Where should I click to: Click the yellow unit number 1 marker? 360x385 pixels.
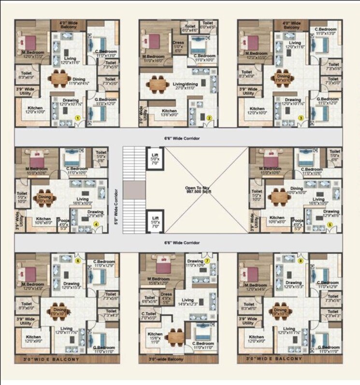click(x=77, y=117)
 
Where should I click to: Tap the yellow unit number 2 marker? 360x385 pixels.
click(x=209, y=117)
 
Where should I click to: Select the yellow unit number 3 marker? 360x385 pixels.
click(x=300, y=117)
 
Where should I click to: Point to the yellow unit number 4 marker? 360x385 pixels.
click(x=96, y=224)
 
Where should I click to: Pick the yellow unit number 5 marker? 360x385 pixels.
click(x=330, y=224)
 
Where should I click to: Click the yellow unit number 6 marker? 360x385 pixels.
click(x=78, y=261)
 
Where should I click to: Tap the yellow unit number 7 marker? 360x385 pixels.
click(x=207, y=261)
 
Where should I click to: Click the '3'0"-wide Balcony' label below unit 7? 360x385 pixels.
click(x=168, y=359)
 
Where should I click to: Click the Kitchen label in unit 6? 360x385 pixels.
click(x=33, y=339)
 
